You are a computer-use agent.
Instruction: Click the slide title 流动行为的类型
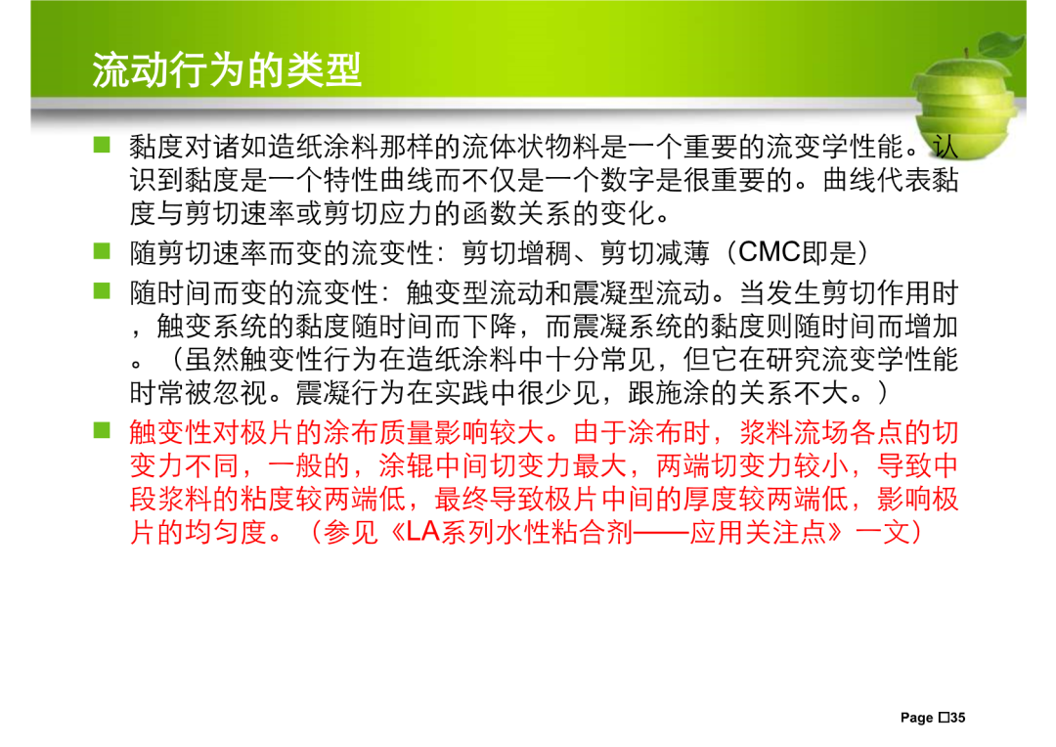coord(226,70)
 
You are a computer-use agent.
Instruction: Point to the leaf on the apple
coord(1001,44)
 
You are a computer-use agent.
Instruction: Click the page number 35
coord(957,718)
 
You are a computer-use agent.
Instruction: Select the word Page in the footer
coord(916,718)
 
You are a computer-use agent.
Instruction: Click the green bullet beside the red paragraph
coord(102,430)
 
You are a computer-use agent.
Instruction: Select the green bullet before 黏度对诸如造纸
coord(102,144)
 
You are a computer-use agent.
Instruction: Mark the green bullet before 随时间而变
coord(102,290)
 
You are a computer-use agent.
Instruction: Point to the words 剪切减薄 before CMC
coord(654,253)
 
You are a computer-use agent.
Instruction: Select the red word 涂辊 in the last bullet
coord(406,465)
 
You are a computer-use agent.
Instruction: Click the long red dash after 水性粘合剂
coord(661,533)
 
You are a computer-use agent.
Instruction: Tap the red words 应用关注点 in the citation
coord(759,533)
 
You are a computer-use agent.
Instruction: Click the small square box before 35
coord(944,718)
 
